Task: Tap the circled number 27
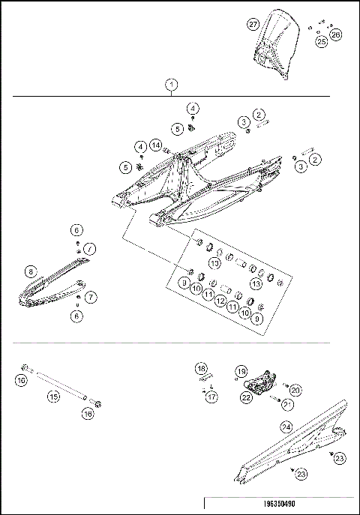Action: click(253, 24)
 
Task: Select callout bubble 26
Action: click(335, 34)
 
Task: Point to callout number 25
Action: click(321, 42)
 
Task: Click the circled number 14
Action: click(155, 144)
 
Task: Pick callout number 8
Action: click(31, 271)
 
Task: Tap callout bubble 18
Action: click(201, 369)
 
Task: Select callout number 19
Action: click(241, 371)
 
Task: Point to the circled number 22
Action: click(246, 398)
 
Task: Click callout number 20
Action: click(295, 390)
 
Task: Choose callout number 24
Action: click(286, 426)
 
